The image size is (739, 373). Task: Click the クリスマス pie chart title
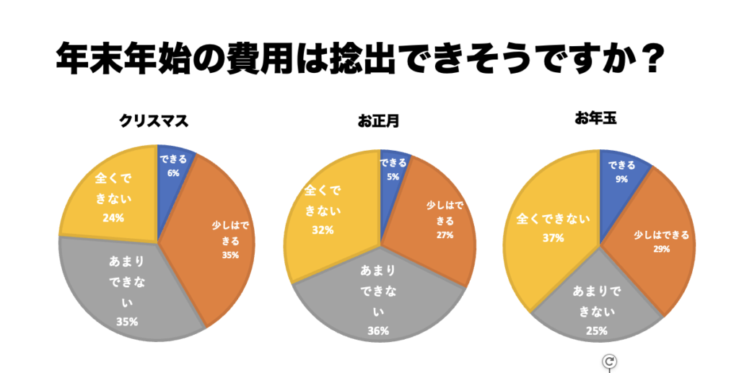point(154,121)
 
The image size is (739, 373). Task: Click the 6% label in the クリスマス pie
point(173,173)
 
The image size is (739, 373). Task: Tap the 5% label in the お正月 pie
point(393,176)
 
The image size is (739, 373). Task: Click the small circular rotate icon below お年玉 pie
point(609,361)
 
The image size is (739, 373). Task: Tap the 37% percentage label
point(553,237)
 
